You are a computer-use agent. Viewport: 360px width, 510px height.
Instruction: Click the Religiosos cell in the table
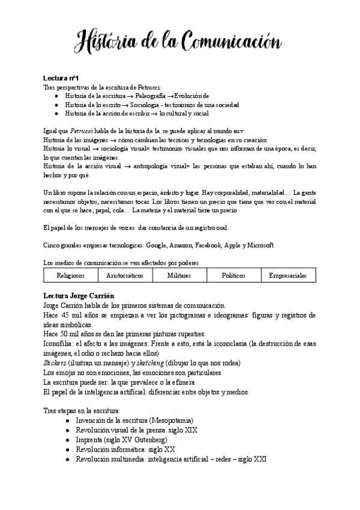[x=70, y=275]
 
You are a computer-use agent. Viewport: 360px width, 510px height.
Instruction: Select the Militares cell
[x=178, y=275]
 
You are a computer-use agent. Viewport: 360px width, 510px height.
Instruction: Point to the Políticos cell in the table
[x=233, y=275]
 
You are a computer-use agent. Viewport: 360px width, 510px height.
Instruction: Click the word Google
[x=154, y=245]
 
